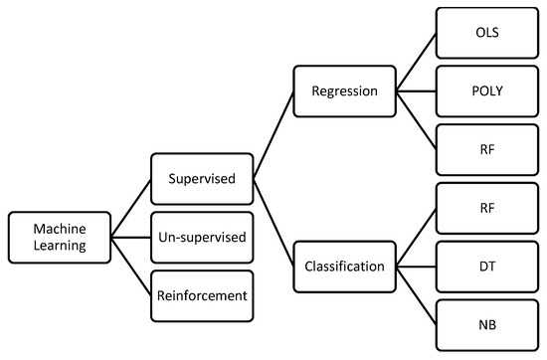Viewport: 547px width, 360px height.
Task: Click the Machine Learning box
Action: pyautogui.click(x=58, y=237)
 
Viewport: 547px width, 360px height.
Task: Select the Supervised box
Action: pyautogui.click(x=202, y=179)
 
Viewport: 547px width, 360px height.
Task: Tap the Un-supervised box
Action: pyautogui.click(x=202, y=237)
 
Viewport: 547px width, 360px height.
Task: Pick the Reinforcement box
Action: pyautogui.click(x=202, y=294)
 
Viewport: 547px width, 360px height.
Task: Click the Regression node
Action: pyautogui.click(x=344, y=91)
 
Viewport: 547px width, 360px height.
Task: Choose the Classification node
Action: pyautogui.click(x=344, y=266)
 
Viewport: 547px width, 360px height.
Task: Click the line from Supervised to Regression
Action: pyautogui.click(x=274, y=135)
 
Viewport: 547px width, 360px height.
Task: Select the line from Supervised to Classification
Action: pyautogui.click(x=274, y=223)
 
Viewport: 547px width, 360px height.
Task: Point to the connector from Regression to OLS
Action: pyautogui.click(x=417, y=63)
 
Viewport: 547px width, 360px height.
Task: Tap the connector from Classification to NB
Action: pyautogui.click(x=417, y=294)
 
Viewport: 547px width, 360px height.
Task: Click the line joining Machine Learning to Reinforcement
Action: pyautogui.click(x=130, y=266)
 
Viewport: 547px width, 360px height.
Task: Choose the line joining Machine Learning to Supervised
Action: pyautogui.click(x=130, y=208)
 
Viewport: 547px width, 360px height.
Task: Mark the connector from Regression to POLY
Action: pyautogui.click(x=417, y=91)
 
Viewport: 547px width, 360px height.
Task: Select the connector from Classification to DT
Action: pyautogui.click(x=417, y=266)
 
